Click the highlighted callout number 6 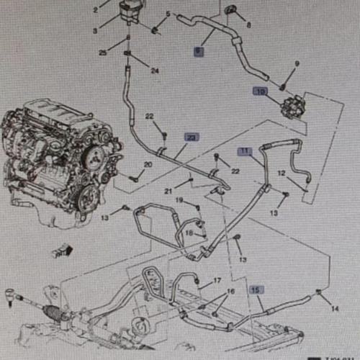tap(199, 51)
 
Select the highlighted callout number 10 tap(260, 91)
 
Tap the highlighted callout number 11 tap(246, 151)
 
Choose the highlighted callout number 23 tap(191, 137)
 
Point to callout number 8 tap(249, 24)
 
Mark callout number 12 tap(282, 173)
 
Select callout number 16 tap(230, 292)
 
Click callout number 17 tap(217, 280)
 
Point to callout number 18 tap(189, 233)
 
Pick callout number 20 tap(148, 165)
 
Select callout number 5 tap(168, 14)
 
